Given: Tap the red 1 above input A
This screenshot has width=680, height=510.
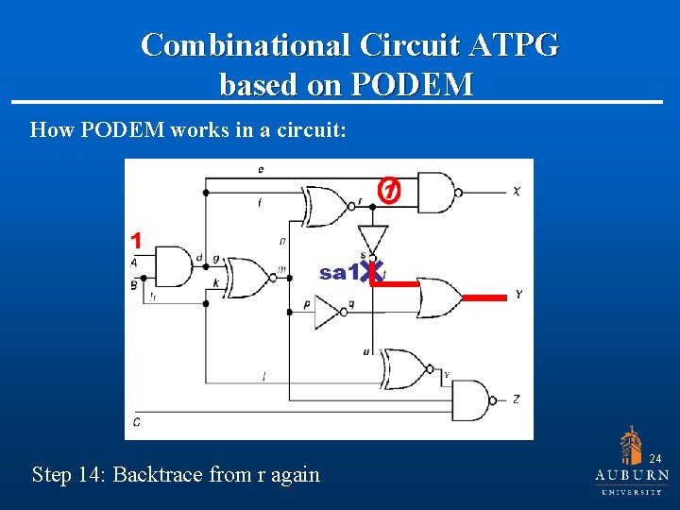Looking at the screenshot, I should [x=136, y=239].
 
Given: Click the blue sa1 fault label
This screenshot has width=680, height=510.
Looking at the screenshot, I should [x=338, y=273].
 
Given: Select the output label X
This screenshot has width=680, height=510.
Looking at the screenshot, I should [x=517, y=191].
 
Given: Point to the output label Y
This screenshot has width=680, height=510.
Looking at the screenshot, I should [x=518, y=295].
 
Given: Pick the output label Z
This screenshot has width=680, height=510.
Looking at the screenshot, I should [x=517, y=399].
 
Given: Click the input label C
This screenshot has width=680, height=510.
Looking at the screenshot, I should [x=137, y=421].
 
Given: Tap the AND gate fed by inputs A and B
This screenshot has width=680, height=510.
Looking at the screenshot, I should [x=171, y=267].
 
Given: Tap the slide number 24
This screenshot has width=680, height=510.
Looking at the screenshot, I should [x=654, y=458].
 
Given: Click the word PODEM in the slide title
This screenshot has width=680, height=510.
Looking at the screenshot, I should [x=412, y=85].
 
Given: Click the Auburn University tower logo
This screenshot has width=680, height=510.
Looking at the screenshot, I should [x=632, y=445].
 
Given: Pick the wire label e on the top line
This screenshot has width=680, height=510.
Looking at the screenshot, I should [x=260, y=169].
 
